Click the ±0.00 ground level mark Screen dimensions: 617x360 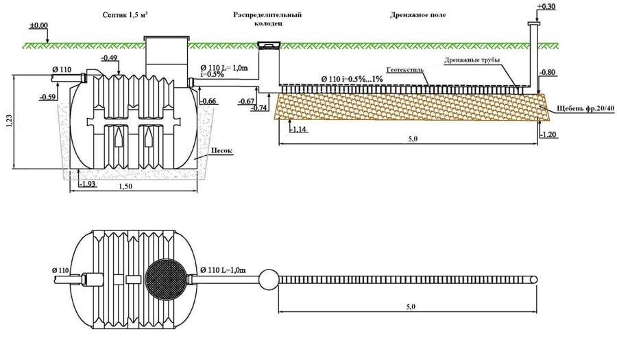pos(38,26)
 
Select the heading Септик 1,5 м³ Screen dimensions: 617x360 pos(125,15)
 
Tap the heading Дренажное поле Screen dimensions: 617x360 pos(418,15)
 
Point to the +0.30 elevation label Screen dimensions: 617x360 pos(546,7)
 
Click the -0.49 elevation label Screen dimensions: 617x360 pos(109,58)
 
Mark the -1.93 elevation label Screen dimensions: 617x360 pos(87,184)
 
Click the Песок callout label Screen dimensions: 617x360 pos(221,151)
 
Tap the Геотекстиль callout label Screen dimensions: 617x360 pos(405,70)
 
